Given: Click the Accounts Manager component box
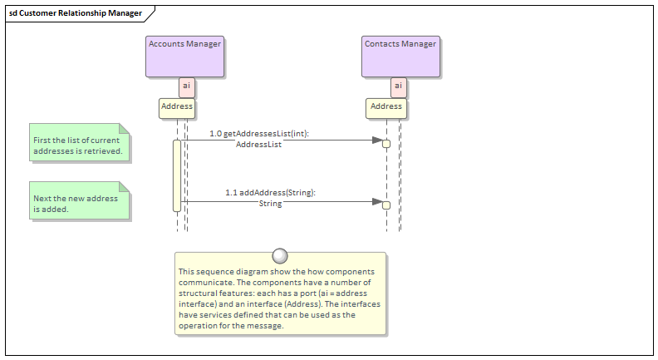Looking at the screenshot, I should click(184, 57).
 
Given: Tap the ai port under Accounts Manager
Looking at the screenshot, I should click(187, 86).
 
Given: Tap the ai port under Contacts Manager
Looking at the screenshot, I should click(398, 86).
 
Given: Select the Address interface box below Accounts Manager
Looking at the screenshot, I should click(177, 107).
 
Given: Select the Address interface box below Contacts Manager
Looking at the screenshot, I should click(386, 107).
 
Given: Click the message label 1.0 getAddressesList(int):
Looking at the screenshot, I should click(260, 133).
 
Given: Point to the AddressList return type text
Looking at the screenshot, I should click(258, 145).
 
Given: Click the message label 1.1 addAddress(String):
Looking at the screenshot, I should click(270, 192).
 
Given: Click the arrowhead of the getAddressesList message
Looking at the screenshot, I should click(377, 141).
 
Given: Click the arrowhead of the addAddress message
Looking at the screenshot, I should click(377, 201).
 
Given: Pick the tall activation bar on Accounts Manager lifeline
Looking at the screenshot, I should click(177, 175).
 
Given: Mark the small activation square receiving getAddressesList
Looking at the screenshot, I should click(386, 144).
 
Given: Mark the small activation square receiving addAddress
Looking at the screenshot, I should click(386, 205).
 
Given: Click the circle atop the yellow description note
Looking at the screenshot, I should click(280, 255).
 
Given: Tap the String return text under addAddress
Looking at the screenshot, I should click(270, 204).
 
